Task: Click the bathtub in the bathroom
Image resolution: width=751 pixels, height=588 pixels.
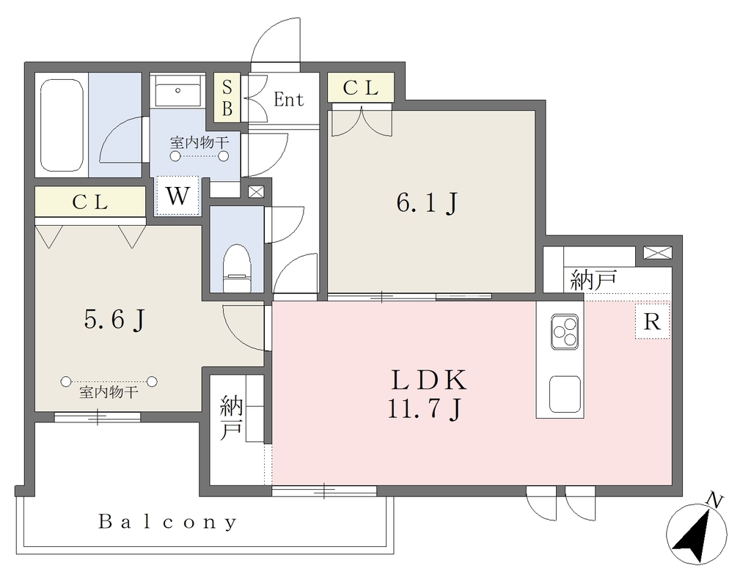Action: click(62, 125)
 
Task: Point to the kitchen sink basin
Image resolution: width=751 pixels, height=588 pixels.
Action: click(565, 394)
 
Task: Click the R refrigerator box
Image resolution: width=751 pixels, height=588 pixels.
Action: click(652, 321)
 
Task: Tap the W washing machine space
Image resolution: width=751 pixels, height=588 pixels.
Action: click(177, 196)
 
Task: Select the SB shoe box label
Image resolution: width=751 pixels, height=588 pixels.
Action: click(227, 98)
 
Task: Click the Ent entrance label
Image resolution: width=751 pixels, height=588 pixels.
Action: click(288, 100)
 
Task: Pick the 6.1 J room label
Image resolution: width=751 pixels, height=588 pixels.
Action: click(428, 202)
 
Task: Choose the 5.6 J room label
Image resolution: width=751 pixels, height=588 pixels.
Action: click(115, 319)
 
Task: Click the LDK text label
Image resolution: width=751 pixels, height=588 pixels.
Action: click(428, 381)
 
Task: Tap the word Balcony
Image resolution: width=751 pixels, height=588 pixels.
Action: click(168, 521)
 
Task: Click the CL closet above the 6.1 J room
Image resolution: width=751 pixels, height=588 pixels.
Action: click(361, 87)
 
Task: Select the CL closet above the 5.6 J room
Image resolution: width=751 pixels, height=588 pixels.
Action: click(90, 202)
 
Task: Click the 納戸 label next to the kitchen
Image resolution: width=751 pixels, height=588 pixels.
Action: click(593, 279)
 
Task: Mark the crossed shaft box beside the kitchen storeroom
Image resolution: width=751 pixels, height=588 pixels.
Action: click(658, 252)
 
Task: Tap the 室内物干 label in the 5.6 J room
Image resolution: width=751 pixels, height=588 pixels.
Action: click(109, 393)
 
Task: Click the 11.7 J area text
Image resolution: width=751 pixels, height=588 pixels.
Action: click(425, 409)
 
